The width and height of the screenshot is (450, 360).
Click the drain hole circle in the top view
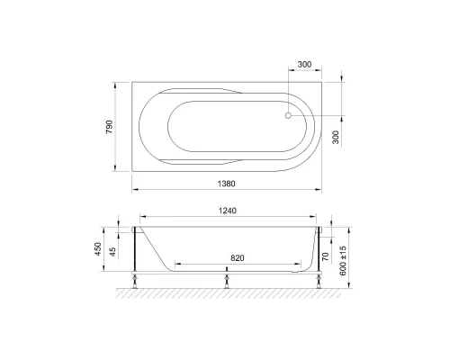[289, 114]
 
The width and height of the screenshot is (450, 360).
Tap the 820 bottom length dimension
[236, 257]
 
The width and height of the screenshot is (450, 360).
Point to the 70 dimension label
[324, 256]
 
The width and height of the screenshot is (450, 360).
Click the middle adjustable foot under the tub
[224, 280]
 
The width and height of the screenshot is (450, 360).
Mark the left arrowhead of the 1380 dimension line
[135, 190]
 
